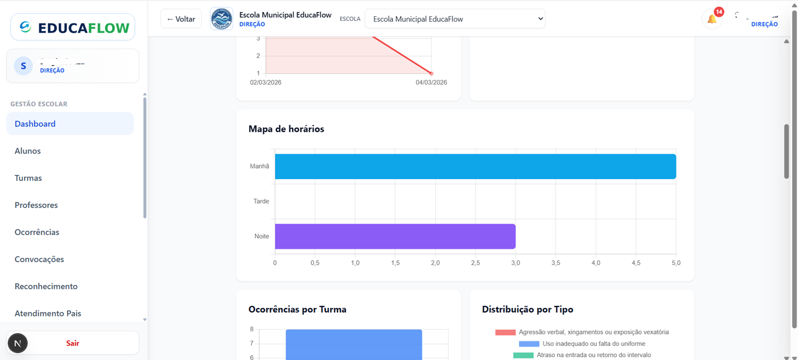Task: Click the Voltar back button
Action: [x=181, y=19]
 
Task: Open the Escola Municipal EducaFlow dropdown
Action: [x=455, y=19]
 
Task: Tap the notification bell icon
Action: [x=711, y=19]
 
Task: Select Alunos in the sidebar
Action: [x=28, y=151]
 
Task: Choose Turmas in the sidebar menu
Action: [x=28, y=178]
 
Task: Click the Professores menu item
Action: [x=36, y=205]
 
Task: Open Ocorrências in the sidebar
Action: [x=37, y=232]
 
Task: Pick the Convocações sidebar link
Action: [x=39, y=259]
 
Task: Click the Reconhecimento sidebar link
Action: [x=46, y=287]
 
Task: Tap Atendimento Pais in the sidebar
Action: [x=48, y=314]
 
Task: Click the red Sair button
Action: [x=72, y=343]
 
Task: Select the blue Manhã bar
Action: [x=475, y=167]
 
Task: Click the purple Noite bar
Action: [x=395, y=237]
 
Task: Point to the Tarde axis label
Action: [x=261, y=201]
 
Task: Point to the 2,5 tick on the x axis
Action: [x=475, y=263]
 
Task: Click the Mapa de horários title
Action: [x=286, y=129]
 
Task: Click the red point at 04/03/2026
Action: [x=431, y=73]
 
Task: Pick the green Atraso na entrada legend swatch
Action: [x=523, y=355]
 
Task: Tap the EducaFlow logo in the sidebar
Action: [x=72, y=27]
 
